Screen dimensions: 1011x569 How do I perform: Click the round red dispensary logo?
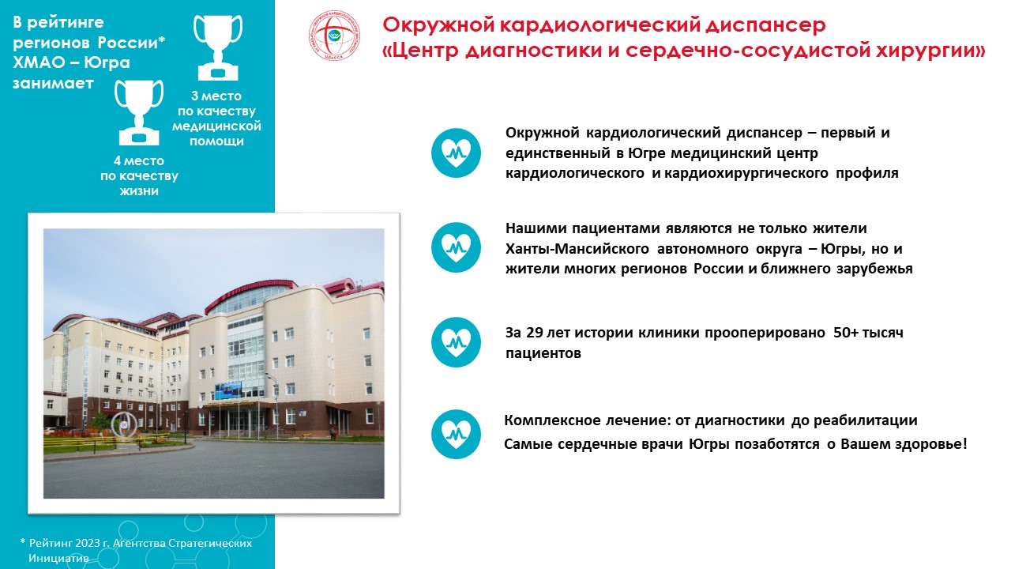click(334, 36)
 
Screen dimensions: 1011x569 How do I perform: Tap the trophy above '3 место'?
click(218, 47)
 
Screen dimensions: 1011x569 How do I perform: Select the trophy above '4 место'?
click(139, 112)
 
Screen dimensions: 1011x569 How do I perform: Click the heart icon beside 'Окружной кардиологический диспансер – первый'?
click(456, 153)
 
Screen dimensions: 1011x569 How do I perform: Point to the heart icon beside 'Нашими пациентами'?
click(456, 247)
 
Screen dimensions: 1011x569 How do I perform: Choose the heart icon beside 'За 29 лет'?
click(456, 342)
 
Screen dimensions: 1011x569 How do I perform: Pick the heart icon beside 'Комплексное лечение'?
click(456, 435)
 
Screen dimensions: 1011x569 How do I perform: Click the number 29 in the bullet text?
click(535, 333)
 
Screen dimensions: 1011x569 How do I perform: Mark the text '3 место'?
click(216, 96)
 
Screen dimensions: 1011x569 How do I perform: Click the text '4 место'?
click(138, 160)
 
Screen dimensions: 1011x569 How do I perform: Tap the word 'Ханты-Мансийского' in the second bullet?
click(577, 249)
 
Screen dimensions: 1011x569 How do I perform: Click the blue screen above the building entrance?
click(227, 391)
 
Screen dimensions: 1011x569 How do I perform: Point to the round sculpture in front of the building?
click(124, 424)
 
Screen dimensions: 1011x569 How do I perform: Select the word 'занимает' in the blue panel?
click(53, 84)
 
